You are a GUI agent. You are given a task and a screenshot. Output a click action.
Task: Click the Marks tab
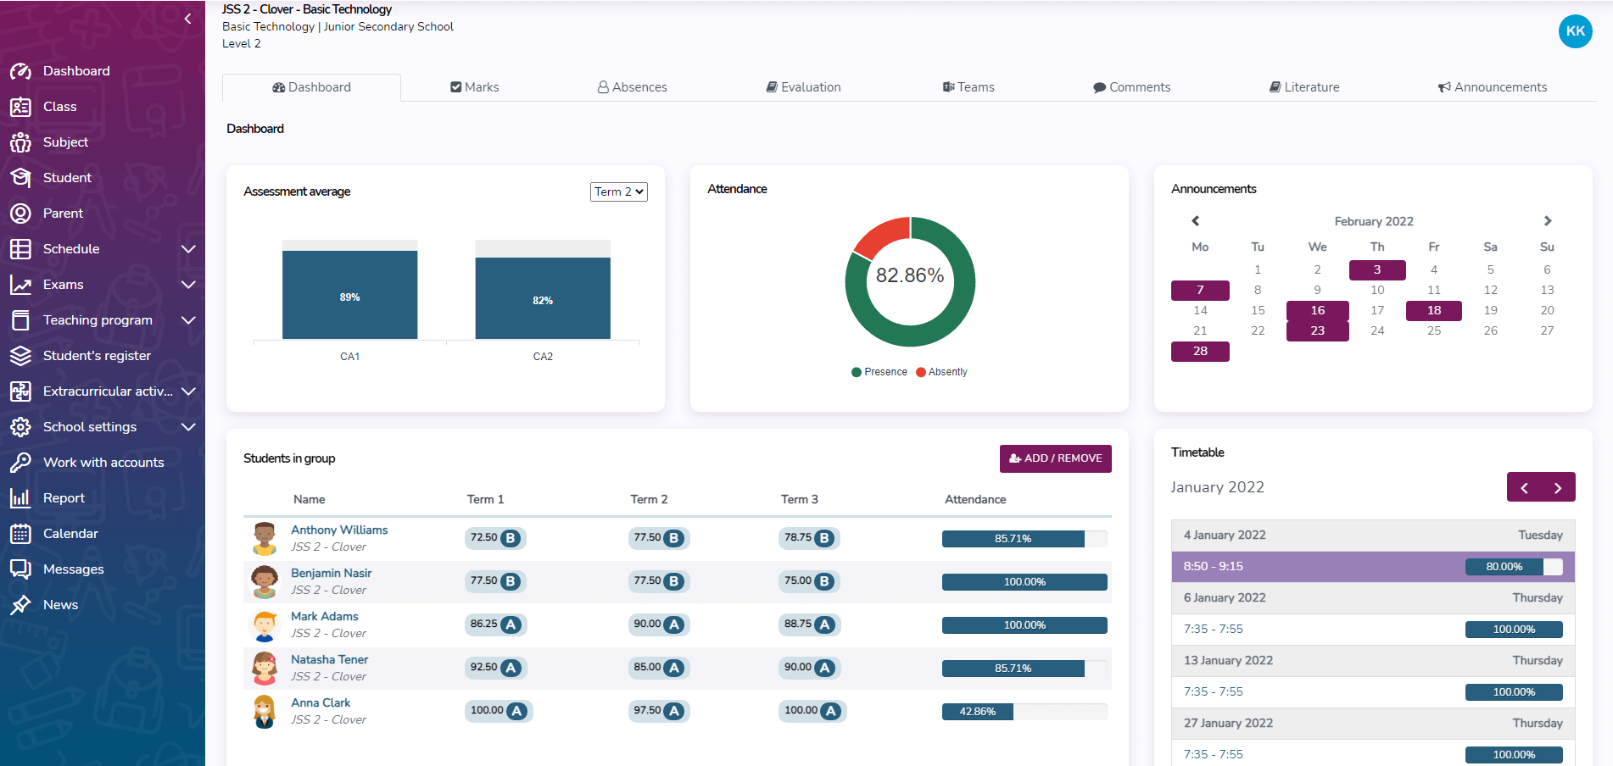(475, 87)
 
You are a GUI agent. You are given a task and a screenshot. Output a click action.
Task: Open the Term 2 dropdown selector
(619, 192)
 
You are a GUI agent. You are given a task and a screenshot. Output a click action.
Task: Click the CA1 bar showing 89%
(349, 295)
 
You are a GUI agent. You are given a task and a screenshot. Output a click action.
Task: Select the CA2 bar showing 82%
(543, 298)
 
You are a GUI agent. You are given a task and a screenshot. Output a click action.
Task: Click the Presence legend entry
(879, 372)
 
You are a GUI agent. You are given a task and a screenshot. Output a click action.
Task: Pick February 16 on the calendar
(1317, 310)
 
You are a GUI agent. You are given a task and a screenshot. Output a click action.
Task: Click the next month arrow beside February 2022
(1548, 221)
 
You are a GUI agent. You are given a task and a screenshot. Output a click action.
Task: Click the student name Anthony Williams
(339, 530)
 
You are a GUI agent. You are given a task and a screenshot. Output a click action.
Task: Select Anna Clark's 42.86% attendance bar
(978, 712)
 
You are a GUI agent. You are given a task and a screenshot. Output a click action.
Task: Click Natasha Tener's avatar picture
(265, 668)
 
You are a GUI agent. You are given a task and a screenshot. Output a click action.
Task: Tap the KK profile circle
(1575, 31)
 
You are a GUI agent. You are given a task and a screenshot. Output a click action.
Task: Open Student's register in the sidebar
(97, 356)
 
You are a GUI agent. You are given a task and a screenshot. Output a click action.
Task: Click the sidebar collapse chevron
(187, 19)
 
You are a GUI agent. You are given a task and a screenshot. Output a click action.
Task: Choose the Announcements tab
(1493, 87)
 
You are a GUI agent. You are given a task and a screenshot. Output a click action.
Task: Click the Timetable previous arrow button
(1524, 487)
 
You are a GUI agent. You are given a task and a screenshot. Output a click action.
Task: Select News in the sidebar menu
(60, 605)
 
